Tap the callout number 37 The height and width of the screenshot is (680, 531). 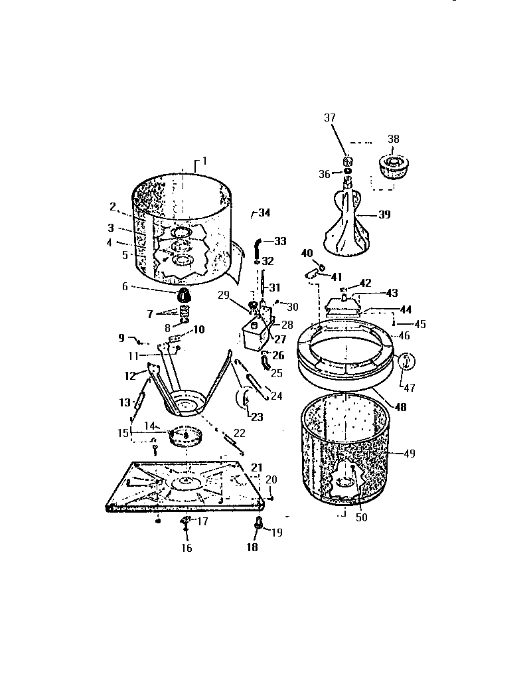[330, 118]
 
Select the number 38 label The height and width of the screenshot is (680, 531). [394, 140]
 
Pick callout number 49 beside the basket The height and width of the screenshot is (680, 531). [409, 454]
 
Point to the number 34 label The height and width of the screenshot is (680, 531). [264, 213]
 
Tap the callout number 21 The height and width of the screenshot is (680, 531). [257, 467]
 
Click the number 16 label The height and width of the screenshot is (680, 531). [187, 548]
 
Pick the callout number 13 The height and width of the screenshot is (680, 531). [125, 402]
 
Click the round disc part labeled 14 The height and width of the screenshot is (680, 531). [186, 434]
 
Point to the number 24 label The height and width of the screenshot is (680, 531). [277, 396]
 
